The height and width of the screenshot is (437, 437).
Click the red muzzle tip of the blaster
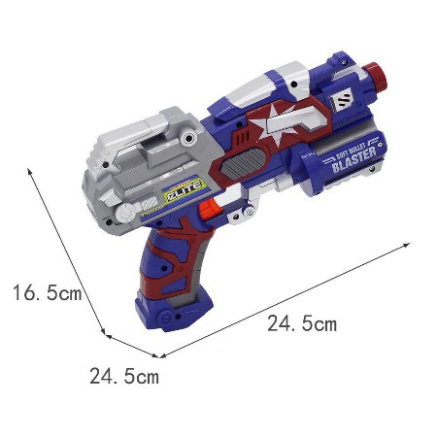[376, 75]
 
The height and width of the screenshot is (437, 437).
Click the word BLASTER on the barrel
[354, 159]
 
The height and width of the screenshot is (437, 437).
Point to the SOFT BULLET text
[351, 150]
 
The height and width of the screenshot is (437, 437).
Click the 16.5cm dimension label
[48, 292]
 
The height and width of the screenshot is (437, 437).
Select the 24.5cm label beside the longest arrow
[302, 323]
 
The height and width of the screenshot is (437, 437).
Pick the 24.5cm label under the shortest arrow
[124, 376]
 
